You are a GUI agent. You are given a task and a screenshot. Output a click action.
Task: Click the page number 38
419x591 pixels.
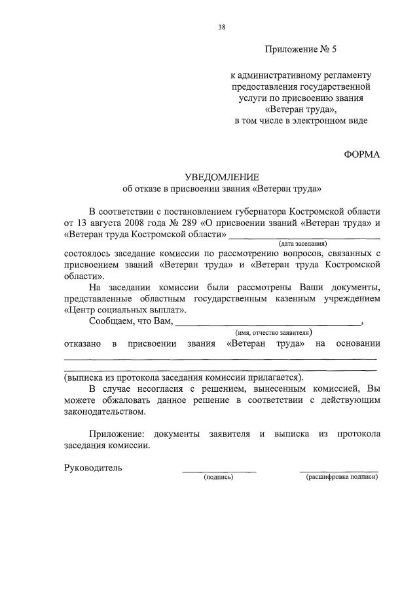click(x=221, y=27)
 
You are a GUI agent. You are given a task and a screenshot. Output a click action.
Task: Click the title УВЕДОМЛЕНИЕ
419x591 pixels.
click(x=222, y=178)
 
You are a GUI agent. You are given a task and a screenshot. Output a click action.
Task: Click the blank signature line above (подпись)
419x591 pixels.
click(x=219, y=471)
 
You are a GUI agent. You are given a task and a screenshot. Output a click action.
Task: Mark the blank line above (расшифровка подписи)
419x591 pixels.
click(x=338, y=471)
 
